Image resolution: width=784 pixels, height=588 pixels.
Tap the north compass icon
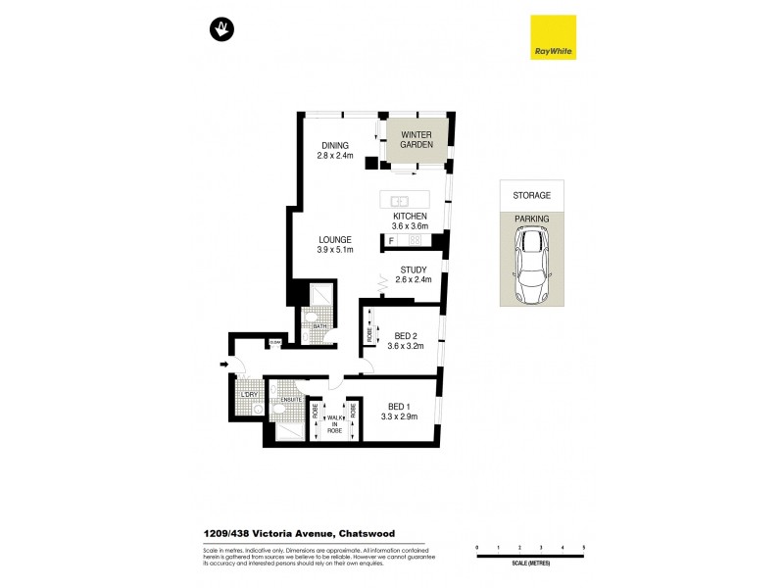(x=223, y=30)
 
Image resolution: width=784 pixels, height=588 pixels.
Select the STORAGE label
(x=533, y=195)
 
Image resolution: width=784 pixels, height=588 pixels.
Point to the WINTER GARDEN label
(x=416, y=141)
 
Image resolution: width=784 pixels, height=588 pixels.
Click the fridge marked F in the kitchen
(x=392, y=239)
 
